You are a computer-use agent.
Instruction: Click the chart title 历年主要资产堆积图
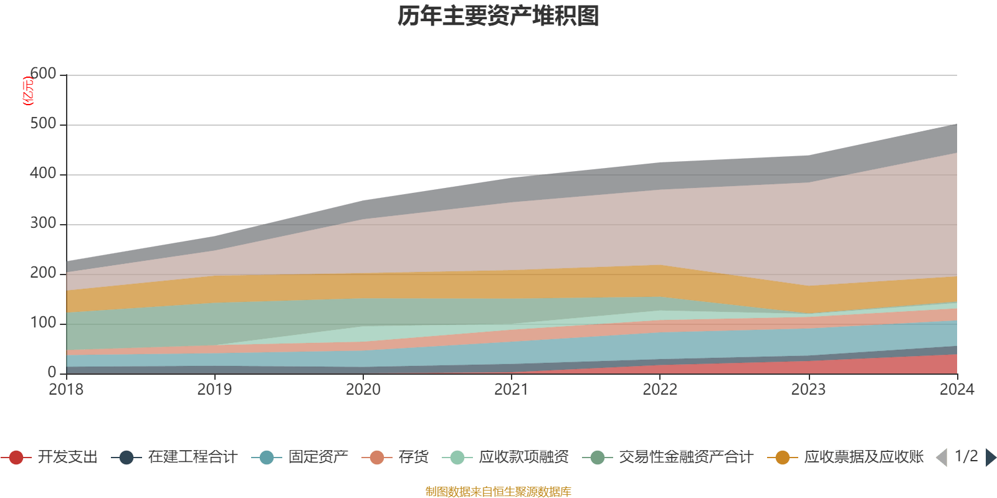(x=499, y=16)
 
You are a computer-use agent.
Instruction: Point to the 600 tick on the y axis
(x=44, y=74)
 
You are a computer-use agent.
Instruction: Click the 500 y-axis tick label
(x=44, y=124)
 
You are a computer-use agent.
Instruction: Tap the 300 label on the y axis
(x=44, y=223)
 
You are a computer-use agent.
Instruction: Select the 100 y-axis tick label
(x=44, y=323)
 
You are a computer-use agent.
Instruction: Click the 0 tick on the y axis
(x=52, y=372)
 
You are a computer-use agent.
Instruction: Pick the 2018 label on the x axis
(x=66, y=390)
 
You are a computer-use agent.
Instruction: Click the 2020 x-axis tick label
(x=363, y=390)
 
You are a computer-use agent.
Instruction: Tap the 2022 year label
(x=660, y=390)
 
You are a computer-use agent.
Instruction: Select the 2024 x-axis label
(x=956, y=390)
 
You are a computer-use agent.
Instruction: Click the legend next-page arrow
(x=991, y=458)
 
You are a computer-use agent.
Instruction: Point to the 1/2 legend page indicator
(x=966, y=456)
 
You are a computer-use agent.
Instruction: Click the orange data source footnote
(x=499, y=492)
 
